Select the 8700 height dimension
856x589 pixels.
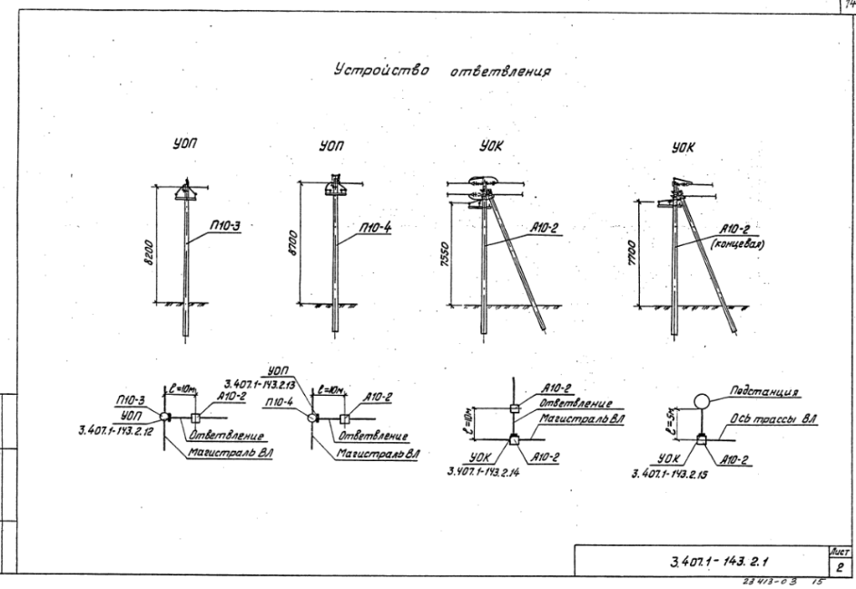pos(292,242)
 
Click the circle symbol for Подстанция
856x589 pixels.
pos(701,400)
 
